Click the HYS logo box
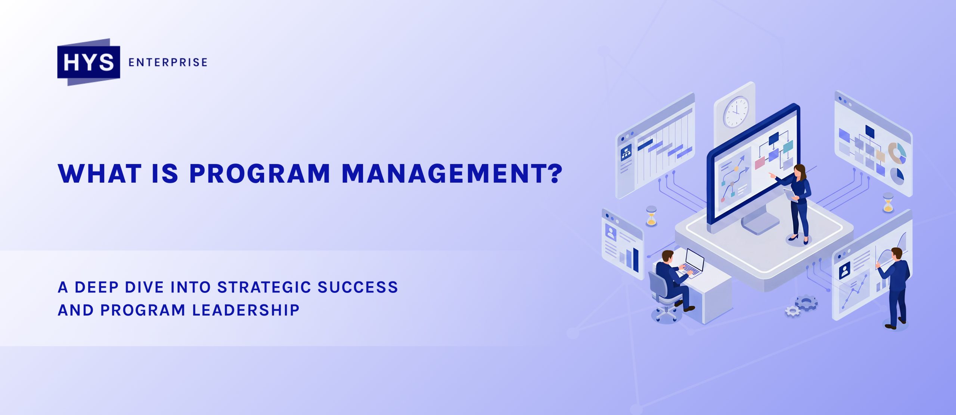coord(89,62)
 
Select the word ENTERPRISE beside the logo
coord(168,62)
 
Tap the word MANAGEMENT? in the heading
coord(452,174)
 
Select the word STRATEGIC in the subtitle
coord(264,287)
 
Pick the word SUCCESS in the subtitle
coord(357,287)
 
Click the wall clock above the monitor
coord(736,112)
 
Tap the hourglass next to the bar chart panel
coord(651,216)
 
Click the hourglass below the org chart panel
coord(888,202)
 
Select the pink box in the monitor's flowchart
coord(760,163)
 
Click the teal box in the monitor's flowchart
coord(788,146)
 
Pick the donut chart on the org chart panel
coord(897,153)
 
